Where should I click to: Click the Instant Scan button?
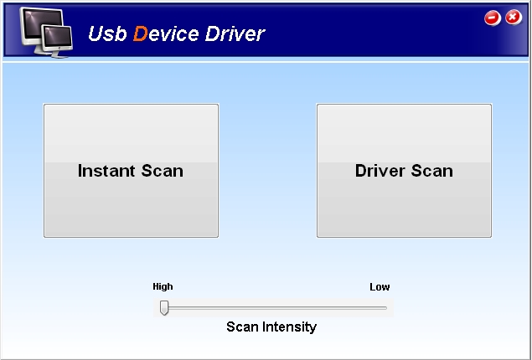tap(131, 171)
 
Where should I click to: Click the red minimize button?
tap(493, 18)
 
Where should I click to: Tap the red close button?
tap(514, 18)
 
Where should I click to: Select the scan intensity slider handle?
tap(164, 307)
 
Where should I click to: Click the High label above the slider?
tap(163, 287)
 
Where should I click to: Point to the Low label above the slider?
tap(380, 287)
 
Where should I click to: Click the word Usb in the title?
tap(107, 33)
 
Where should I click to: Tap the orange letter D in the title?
tap(140, 33)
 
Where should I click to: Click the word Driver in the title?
tap(235, 33)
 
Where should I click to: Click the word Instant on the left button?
tap(106, 171)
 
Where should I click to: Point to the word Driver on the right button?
tap(380, 170)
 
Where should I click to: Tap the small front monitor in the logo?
tap(58, 40)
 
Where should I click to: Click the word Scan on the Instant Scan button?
tap(163, 171)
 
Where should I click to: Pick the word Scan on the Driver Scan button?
tap(432, 171)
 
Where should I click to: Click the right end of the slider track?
tap(386, 308)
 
